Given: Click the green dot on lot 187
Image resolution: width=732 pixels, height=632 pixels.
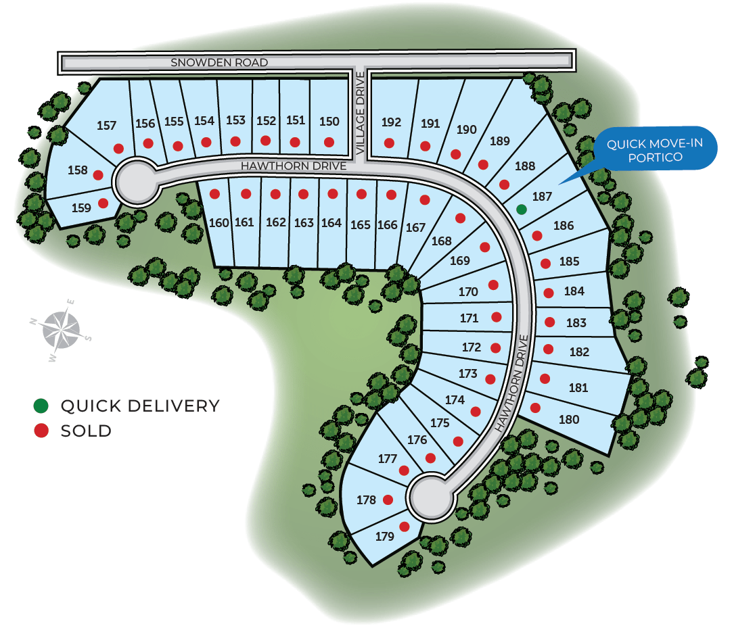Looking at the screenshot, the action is tap(522, 210).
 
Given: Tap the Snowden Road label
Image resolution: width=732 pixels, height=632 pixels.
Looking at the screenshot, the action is tap(219, 62).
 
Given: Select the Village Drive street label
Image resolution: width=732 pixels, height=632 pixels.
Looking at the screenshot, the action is tap(360, 114).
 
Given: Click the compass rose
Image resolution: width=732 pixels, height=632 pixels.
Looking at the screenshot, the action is tap(61, 331).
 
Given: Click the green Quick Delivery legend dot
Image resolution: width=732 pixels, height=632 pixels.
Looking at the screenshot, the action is tap(41, 406).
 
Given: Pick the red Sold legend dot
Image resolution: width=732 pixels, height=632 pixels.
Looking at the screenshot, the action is tap(41, 430).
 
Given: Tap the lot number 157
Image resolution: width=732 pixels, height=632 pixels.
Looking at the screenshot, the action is tap(106, 126).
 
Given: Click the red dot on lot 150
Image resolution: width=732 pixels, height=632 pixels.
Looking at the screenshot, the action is tap(329, 142).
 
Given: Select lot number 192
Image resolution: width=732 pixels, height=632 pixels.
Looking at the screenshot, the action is tap(391, 122).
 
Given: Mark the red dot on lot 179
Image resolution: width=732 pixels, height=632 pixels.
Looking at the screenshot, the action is tap(405, 527).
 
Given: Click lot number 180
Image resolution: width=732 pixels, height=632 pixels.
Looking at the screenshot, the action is tap(569, 420).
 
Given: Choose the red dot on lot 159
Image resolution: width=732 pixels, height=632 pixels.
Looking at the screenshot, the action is tap(104, 203).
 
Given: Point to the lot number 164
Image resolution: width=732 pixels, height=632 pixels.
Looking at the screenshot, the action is tap(331, 223).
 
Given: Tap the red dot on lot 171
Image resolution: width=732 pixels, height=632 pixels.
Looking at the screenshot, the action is tap(497, 317).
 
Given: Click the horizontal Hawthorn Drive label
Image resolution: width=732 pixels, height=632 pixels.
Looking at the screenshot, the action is tap(294, 166).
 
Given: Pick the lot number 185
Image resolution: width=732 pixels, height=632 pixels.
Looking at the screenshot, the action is tap(569, 262).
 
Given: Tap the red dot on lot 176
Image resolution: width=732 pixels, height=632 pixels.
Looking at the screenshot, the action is tap(430, 458).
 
